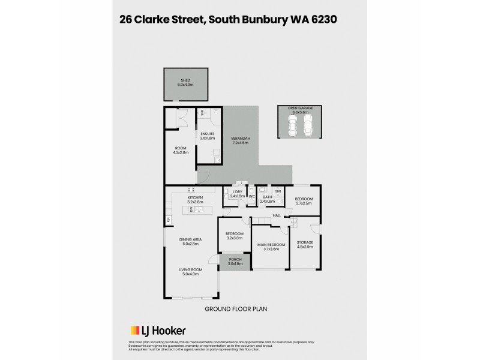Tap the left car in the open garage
[x=293, y=125]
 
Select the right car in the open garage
[x=307, y=125]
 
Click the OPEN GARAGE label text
[x=299, y=109]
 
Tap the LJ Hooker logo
[x=158, y=330]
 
